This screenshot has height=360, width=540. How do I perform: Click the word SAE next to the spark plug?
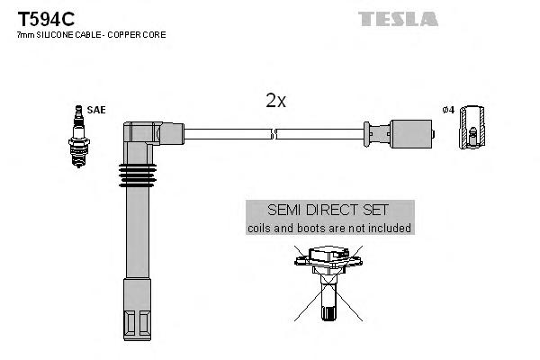coord(96,110)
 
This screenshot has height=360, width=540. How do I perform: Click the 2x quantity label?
coord(275,101)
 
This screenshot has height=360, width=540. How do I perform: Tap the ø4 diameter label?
coord(448,110)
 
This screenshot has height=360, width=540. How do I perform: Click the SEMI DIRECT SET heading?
coord(329,209)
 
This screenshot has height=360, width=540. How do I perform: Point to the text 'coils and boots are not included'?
coord(329,229)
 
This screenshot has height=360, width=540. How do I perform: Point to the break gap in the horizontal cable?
coord(274,134)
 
